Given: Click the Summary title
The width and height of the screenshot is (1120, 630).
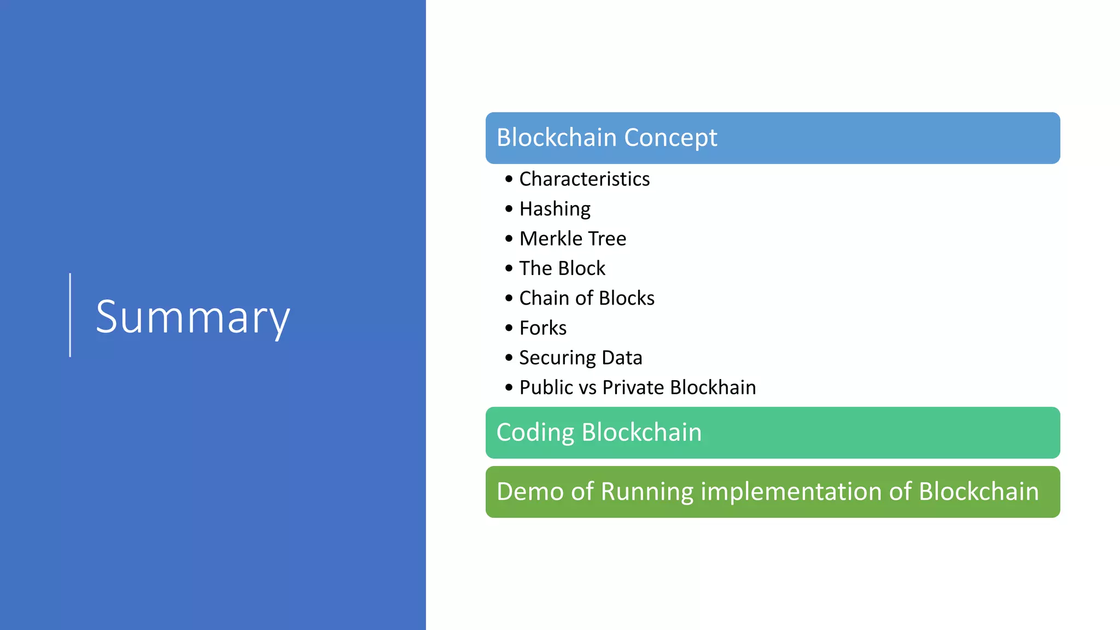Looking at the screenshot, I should click(192, 317).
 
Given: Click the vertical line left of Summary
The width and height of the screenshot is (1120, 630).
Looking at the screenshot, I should click(70, 315).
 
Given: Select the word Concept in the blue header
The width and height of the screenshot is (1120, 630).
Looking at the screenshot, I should click(670, 138).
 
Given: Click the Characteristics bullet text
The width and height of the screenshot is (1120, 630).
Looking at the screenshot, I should click(584, 179).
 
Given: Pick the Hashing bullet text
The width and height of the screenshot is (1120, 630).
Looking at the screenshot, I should click(555, 209).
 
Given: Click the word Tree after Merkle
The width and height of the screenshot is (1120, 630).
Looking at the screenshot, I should click(607, 238).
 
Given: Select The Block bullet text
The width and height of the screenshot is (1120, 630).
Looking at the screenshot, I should click(562, 269).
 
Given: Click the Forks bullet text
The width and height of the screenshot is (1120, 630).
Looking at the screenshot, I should click(542, 328).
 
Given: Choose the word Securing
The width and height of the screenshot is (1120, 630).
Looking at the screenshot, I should click(557, 358).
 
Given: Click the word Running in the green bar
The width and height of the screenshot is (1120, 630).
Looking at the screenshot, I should click(647, 492).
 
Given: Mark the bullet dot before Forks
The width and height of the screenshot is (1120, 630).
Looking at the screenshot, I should click(509, 328).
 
